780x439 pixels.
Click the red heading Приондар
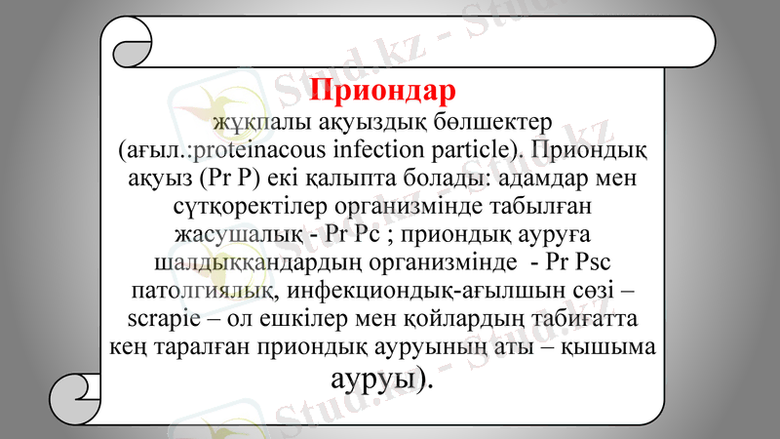(x=382, y=90)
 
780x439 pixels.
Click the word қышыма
(x=618, y=347)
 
